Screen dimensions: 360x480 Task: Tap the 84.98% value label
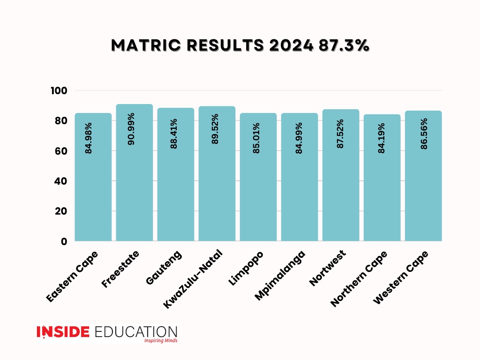click(x=89, y=138)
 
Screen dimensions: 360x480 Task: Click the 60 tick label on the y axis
click(x=62, y=151)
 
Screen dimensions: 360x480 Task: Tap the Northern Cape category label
click(x=359, y=279)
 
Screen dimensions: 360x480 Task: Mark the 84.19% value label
click(x=382, y=139)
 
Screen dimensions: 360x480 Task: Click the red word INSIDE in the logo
click(x=63, y=331)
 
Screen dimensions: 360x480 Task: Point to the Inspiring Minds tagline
click(x=160, y=341)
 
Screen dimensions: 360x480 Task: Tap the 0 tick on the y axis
click(x=64, y=241)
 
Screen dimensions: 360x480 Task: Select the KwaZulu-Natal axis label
click(x=193, y=280)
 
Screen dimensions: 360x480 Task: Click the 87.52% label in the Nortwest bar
click(x=340, y=134)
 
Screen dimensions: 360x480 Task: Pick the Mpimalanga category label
click(x=280, y=275)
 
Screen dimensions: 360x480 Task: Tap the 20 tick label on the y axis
click(x=62, y=211)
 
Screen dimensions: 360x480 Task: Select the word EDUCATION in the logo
click(x=135, y=331)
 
